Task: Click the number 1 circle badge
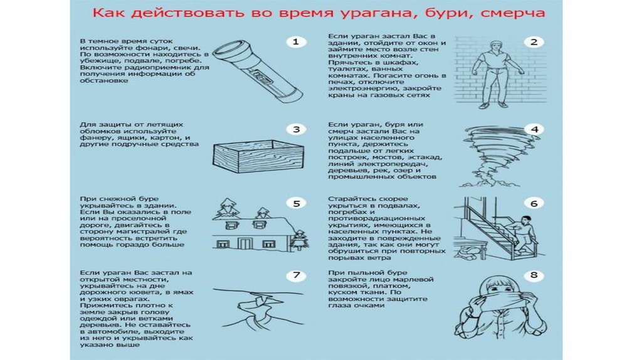coord(296,43)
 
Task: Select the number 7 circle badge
coord(296,275)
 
